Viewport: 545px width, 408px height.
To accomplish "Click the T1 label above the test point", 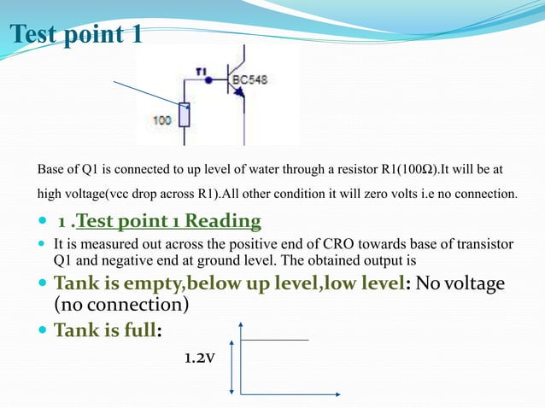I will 202,71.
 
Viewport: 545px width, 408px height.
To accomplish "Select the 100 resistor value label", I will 162,120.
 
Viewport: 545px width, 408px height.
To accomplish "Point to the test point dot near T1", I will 208,84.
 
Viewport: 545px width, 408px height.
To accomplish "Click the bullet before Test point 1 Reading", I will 44,223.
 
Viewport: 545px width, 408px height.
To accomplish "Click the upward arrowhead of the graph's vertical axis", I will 242,325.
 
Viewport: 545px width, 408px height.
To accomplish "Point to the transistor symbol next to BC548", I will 237,84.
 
